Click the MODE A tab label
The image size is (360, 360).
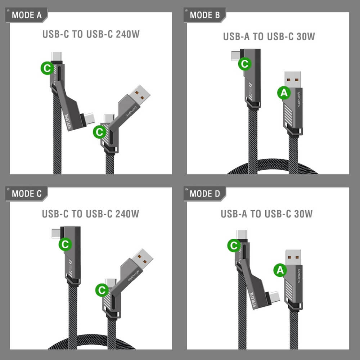coord(27,15)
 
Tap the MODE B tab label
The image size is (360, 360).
coord(205,15)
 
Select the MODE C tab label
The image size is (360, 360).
coord(27,194)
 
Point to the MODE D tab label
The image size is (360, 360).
coord(205,194)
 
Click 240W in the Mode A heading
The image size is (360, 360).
coord(127,34)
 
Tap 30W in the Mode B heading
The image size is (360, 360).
coord(306,36)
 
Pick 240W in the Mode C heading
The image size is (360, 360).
coord(127,214)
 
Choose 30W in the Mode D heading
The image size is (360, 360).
coord(303,214)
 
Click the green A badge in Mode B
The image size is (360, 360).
coord(284,93)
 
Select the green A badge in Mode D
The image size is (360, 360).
coord(280,270)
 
